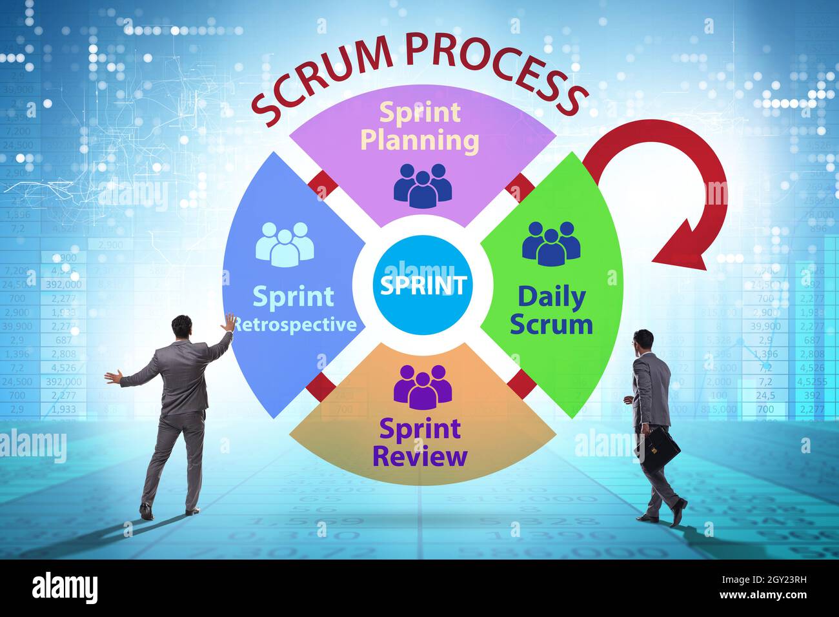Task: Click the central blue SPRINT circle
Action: coord(423,285)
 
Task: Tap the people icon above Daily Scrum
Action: coord(551,243)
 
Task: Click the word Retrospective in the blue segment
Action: coord(294,324)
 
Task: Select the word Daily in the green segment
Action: coord(551,297)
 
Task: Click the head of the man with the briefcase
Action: coord(643,341)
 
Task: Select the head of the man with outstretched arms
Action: coord(181,327)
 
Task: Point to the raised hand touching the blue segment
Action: coord(229,321)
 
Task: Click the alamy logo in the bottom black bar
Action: coord(65,587)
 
